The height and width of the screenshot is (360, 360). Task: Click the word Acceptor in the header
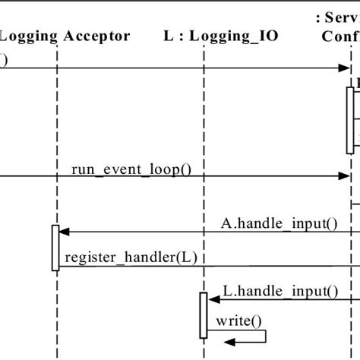(x=97, y=36)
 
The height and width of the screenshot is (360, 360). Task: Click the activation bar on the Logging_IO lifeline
(x=203, y=314)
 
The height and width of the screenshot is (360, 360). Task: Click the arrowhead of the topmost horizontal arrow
(x=343, y=68)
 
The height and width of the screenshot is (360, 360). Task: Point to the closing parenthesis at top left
(x=4, y=58)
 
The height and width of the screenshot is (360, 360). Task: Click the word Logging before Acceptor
(x=29, y=36)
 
